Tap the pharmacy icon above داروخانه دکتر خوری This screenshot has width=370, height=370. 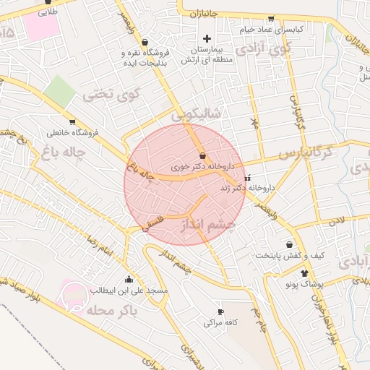pos(202,156)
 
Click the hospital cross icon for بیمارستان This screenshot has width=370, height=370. pos(207,38)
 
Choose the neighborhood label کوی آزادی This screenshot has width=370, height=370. pos(262,49)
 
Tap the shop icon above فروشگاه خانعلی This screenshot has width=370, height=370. pos(72,121)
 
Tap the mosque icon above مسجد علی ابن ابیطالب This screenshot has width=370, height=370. pos(129,279)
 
